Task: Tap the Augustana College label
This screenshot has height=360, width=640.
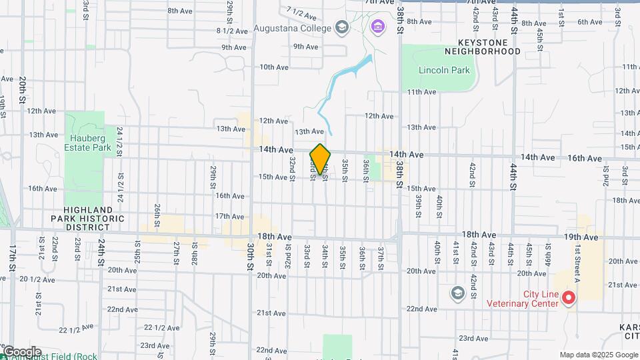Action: point(293,29)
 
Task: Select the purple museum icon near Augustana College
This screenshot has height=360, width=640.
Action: point(377,27)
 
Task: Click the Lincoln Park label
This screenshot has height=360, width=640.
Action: point(444,70)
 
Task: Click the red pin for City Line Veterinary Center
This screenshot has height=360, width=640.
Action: point(569,298)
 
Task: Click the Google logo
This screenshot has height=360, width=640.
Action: point(21,352)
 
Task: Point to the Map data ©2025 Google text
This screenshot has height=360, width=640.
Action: point(599,355)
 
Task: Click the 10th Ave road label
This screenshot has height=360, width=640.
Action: point(273,67)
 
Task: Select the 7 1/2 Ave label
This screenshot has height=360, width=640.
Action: point(300,11)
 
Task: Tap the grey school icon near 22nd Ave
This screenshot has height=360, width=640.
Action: point(457,293)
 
